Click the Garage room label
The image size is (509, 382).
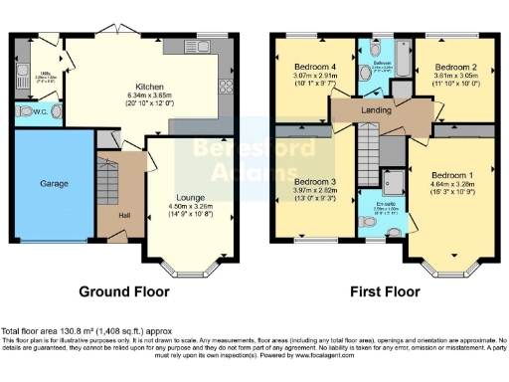pyautogui.click(x=53, y=184)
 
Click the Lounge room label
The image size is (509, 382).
pyautogui.click(x=190, y=198)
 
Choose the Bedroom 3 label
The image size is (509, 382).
pyautogui.click(x=313, y=182)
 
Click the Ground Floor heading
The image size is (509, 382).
pyautogui.click(x=123, y=292)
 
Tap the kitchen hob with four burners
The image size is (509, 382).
pyautogui.click(x=223, y=85)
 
